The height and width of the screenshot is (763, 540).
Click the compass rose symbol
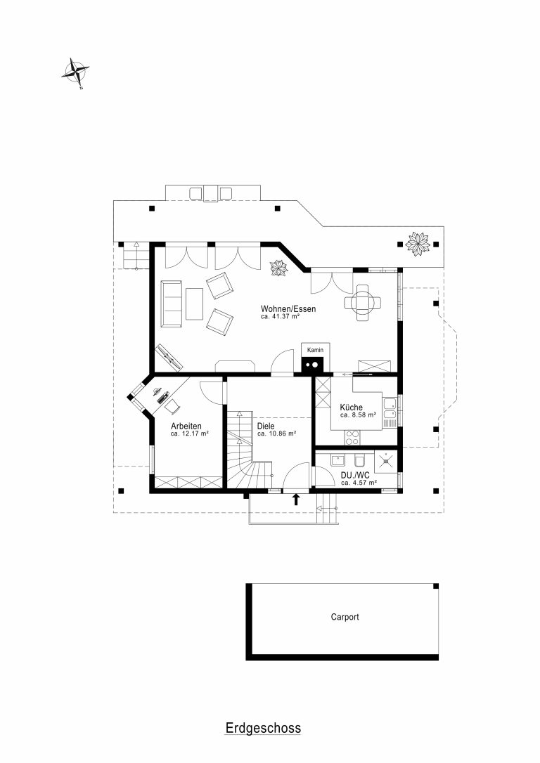point(75,73)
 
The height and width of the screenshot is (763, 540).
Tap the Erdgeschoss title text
point(263,728)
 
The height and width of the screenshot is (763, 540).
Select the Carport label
point(345,617)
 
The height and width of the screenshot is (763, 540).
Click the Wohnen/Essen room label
point(288,309)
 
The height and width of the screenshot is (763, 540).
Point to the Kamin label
point(315,350)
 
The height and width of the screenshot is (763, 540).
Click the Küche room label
point(351,407)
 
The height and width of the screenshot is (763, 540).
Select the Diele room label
point(266,426)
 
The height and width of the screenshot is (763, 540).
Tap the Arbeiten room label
point(186,426)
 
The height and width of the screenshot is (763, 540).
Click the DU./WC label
point(355,475)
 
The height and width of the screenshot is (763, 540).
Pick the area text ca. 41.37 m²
point(280,316)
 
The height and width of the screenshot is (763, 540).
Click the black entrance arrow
point(295,500)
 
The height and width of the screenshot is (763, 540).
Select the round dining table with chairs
point(363,303)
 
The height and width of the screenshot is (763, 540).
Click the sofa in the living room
point(172,304)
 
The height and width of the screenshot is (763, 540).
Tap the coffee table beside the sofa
point(194,304)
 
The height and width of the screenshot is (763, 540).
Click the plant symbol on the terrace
point(417,244)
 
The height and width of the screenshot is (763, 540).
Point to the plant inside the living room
point(280,268)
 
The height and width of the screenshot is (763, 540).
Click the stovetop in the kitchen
point(352,438)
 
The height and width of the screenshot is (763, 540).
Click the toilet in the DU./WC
point(360,460)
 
